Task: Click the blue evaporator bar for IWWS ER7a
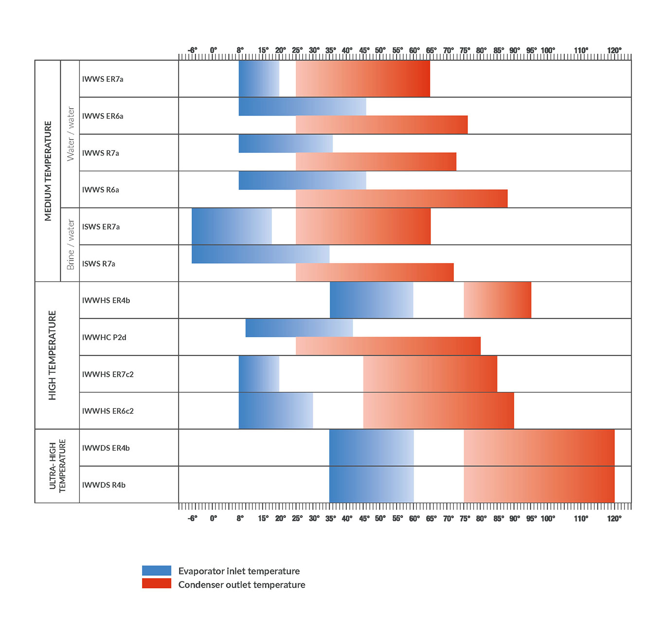pos(259,78)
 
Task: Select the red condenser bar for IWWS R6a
pos(401,199)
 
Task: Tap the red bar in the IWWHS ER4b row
pos(497,300)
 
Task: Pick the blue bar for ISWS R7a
pos(260,254)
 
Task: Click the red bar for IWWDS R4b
pos(539,484)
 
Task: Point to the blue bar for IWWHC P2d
pos(299,328)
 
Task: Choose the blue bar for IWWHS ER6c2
pos(275,410)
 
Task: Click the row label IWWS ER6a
pos(103,116)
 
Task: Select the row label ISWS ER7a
pos(101,226)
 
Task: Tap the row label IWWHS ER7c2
pos(108,374)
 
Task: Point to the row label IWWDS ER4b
pos(106,448)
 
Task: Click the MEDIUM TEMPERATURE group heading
pos(48,171)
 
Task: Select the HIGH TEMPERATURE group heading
pos(52,355)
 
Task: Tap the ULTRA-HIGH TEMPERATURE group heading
pos(57,466)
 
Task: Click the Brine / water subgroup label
pos(71,244)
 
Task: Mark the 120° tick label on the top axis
pos(614,51)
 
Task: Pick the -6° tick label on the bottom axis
pos(192,518)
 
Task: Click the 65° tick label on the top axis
pos(431,51)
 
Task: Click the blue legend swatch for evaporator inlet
pos(157,570)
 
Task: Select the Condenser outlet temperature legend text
pos(242,585)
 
